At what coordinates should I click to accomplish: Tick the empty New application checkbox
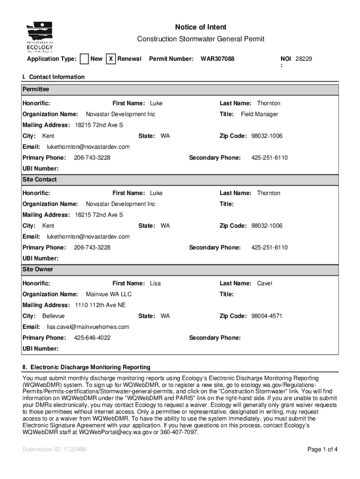point(84,59)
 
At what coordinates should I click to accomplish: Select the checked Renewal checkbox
point(111,59)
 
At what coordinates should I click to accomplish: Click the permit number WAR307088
point(217,59)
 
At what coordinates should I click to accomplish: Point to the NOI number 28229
point(304,59)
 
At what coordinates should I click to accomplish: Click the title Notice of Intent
point(201,27)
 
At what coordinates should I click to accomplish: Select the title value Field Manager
point(259,114)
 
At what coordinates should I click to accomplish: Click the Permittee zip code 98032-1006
point(267,136)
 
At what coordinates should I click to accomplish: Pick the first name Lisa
point(155,283)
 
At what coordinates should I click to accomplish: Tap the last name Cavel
point(265,283)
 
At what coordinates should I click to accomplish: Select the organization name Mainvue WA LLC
point(109,294)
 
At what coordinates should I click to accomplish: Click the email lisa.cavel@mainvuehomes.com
point(88,327)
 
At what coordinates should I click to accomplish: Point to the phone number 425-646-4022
point(92,338)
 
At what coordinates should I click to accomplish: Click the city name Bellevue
point(53,316)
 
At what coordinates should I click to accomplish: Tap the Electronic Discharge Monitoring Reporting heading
point(86,367)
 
